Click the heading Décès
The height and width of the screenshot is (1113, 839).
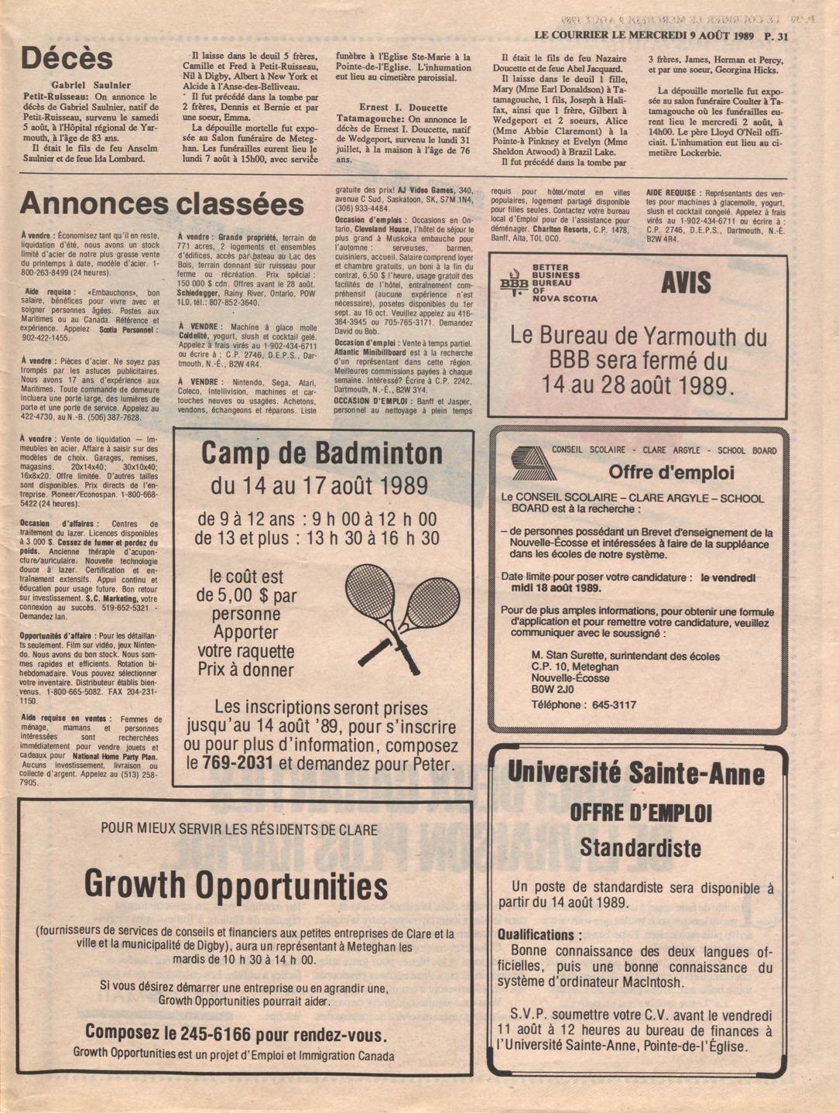(67, 59)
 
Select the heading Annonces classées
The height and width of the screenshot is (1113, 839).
(162, 204)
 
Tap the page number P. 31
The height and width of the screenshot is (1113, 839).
(775, 36)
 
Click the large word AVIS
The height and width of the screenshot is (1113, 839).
(686, 283)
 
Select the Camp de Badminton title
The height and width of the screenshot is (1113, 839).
(322, 454)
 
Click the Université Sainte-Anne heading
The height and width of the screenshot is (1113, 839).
(635, 773)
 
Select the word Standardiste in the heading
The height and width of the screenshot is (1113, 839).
(640, 848)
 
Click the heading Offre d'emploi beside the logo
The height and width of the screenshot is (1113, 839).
(671, 472)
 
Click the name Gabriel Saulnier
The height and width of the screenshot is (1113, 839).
(91, 85)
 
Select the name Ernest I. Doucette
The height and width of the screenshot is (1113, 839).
(402, 108)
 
